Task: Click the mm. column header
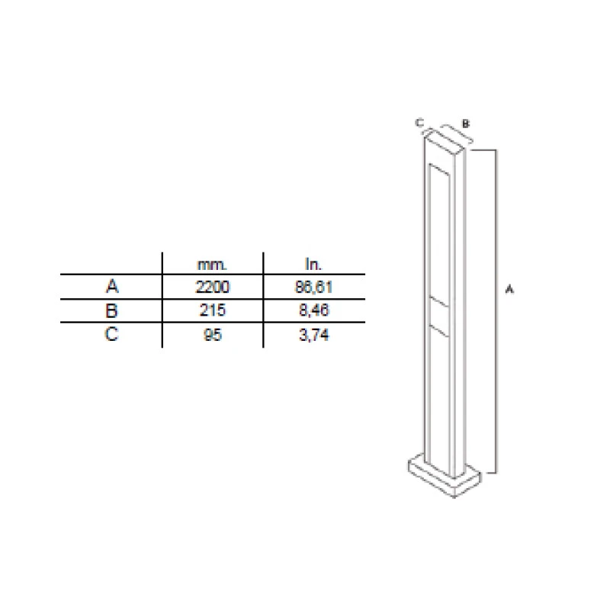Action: pos(212,265)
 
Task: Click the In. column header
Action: pos(313,265)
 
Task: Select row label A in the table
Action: pos(112,287)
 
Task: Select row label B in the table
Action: pos(111,310)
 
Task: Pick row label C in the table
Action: pos(111,334)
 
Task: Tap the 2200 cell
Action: pos(213,287)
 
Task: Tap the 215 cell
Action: pos(213,310)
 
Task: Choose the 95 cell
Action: pos(213,335)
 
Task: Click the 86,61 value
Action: pos(313,287)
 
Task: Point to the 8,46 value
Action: pos(314,310)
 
